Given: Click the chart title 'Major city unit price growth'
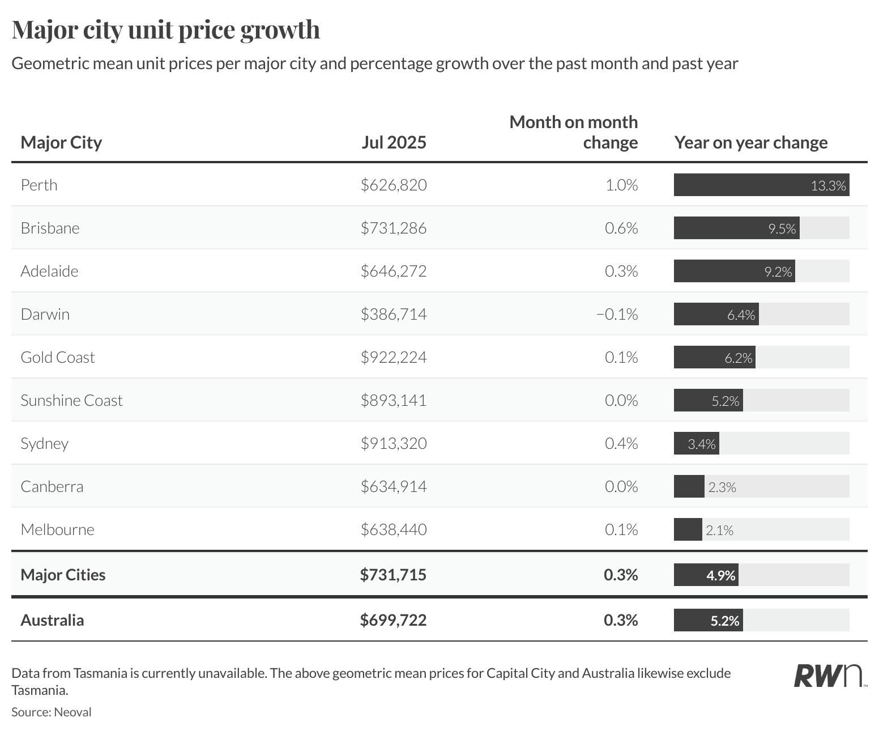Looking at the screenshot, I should (x=166, y=30).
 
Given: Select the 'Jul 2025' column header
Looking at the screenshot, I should (x=394, y=142).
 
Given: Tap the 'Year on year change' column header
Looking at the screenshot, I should (x=750, y=142).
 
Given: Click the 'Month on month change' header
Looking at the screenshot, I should (x=573, y=132).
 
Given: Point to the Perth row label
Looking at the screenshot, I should (x=39, y=185).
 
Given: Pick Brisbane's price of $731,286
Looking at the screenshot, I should (x=394, y=228).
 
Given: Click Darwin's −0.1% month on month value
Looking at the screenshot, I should (x=617, y=315).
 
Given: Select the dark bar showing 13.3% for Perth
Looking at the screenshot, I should (x=761, y=185).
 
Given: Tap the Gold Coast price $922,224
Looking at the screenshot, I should (x=394, y=358).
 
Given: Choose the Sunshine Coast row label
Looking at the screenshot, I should (x=71, y=401).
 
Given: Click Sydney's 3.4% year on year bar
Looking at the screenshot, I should (x=697, y=444).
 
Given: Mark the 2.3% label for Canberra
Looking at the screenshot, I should (x=722, y=487).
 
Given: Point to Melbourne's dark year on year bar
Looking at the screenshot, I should (x=688, y=530).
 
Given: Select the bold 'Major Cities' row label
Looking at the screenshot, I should (x=63, y=575).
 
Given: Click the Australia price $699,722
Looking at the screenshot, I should (x=393, y=621).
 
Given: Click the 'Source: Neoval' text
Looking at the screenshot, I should (x=52, y=712).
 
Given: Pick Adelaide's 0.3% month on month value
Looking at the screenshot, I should (x=621, y=271).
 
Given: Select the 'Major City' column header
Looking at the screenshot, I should (x=61, y=142).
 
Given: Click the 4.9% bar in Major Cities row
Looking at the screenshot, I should (x=706, y=575).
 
